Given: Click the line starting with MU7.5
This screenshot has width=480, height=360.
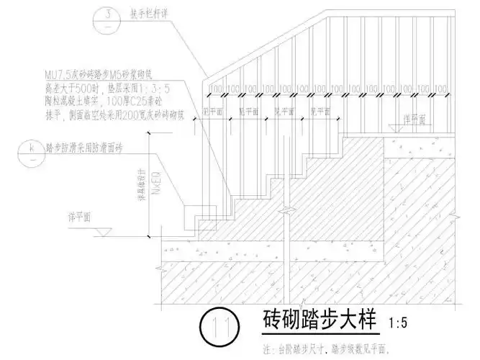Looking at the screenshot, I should tap(118, 74).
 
